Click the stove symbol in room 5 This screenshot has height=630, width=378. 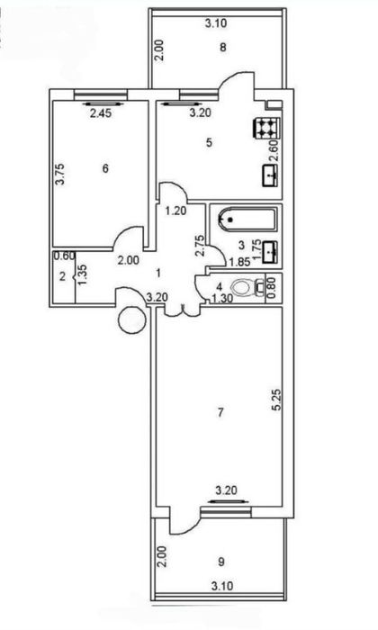click(266, 128)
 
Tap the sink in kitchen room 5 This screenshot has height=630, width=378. click(270, 175)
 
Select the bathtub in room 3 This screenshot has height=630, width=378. click(247, 220)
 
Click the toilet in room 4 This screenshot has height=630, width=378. click(247, 287)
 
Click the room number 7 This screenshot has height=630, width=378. click(220, 412)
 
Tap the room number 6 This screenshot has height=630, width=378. click(105, 168)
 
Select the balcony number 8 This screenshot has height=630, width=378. click(222, 48)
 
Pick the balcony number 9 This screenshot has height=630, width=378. click(221, 562)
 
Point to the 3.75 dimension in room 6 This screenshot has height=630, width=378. click(60, 174)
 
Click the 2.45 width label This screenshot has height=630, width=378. click(101, 113)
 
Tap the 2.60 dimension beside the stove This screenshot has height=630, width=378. click(274, 150)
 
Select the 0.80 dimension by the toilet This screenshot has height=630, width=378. click(272, 287)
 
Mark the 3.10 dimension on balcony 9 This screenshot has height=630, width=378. click(222, 586)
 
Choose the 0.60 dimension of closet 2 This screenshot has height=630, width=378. click(64, 256)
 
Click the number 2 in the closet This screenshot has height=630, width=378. click(62, 276)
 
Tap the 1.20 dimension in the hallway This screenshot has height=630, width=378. click(175, 210)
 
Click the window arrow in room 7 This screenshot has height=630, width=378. click(229, 501)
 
